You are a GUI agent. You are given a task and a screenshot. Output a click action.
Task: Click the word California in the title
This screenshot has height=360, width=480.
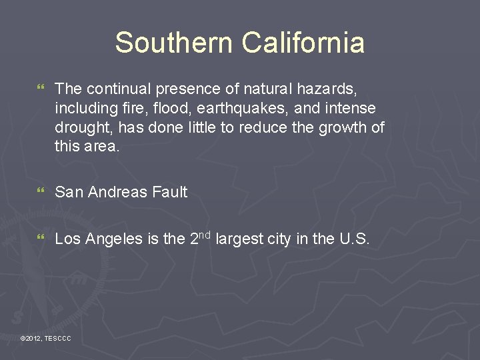point(303,43)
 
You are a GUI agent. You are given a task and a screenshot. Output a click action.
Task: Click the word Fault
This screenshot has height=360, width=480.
point(169,192)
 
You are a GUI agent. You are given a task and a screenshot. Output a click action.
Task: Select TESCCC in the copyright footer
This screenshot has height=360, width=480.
point(58,339)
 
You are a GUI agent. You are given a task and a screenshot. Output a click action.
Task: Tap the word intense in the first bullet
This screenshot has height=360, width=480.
point(351,108)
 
